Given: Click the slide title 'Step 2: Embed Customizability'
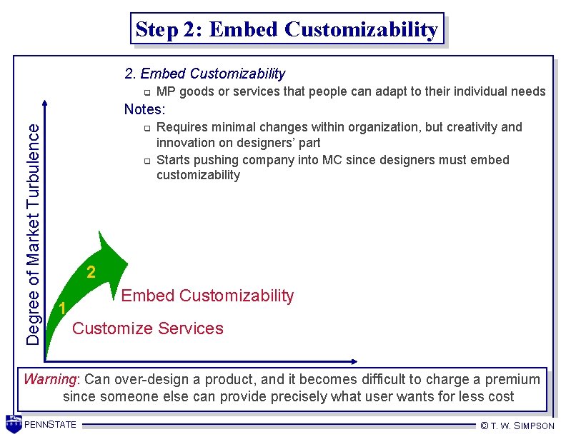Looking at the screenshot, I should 287,29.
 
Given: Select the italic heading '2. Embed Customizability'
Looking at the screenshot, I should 204,74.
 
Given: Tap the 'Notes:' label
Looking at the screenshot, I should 144,109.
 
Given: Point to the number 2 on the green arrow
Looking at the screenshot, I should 91,272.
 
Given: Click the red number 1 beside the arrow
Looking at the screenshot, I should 63,309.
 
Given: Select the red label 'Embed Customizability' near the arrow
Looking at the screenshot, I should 207,296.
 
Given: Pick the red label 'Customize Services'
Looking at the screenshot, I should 148,328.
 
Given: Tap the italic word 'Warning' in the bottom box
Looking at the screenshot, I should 49,379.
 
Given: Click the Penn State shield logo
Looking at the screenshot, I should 14,423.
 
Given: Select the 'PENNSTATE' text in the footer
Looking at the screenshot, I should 50,425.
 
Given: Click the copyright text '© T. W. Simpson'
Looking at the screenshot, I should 517,426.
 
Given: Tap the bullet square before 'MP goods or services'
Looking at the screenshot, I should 145,93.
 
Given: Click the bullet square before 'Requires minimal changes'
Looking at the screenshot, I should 145,129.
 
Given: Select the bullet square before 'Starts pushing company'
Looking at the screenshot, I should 145,161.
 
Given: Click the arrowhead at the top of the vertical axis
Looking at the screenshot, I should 45,104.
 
